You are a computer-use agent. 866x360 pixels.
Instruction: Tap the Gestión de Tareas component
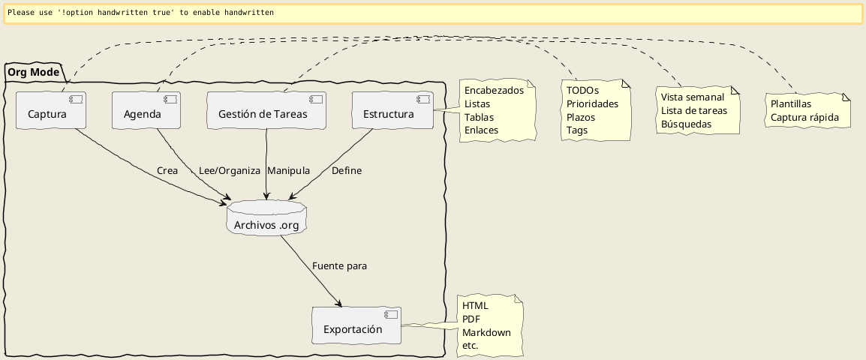tap(267, 110)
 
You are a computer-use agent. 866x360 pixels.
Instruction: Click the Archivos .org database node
tap(266, 218)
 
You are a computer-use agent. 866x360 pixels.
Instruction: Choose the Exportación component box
tap(356, 325)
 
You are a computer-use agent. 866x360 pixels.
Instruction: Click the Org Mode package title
tap(33, 72)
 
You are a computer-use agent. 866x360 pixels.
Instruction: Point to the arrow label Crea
tap(167, 171)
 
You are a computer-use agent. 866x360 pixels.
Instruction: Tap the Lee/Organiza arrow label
tap(229, 171)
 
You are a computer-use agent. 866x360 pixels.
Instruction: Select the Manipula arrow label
tap(288, 171)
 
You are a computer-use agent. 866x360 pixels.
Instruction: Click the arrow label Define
tap(346, 171)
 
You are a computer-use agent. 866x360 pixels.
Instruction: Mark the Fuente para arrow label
tap(339, 265)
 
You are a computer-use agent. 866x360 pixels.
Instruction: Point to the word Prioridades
tap(592, 103)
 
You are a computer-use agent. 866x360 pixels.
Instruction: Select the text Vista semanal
tap(693, 97)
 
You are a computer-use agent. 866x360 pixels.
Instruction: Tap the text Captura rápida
tap(805, 117)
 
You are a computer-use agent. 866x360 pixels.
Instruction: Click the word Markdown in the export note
tap(486, 332)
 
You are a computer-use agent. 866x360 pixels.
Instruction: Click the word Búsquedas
tap(686, 124)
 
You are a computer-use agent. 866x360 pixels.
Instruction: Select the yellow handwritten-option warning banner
tap(433, 13)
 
